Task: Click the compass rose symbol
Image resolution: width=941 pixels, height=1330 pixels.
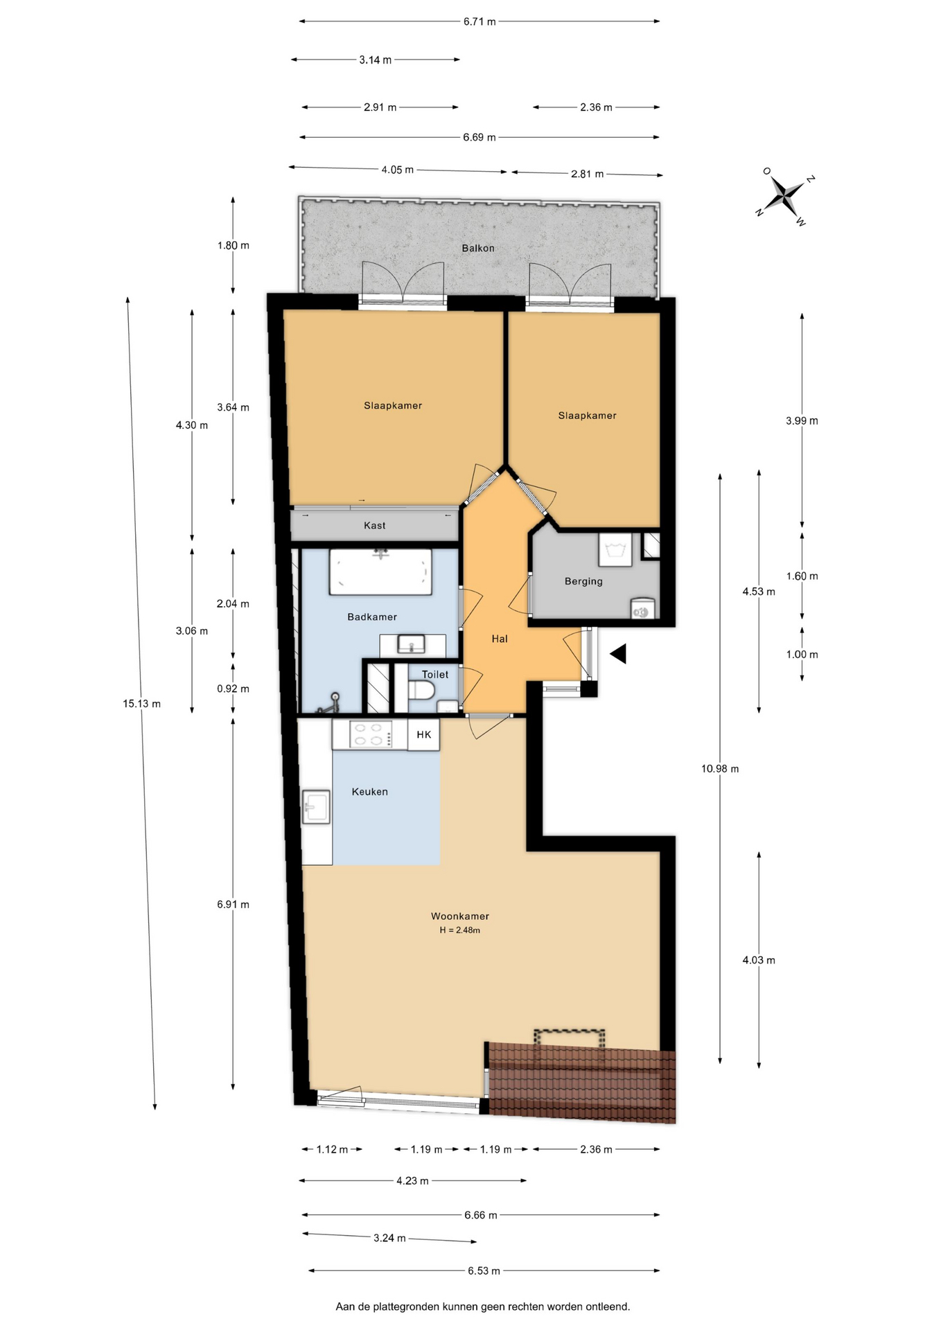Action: pyautogui.click(x=785, y=196)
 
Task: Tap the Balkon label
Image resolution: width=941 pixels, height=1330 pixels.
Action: pyautogui.click(x=478, y=248)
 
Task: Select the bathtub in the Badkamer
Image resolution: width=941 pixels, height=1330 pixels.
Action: pyautogui.click(x=380, y=571)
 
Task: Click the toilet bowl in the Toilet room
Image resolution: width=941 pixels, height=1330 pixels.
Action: pyautogui.click(x=421, y=691)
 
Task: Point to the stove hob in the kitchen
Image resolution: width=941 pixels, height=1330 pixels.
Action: pyautogui.click(x=368, y=734)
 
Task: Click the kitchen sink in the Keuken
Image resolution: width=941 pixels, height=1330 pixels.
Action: pyautogui.click(x=316, y=806)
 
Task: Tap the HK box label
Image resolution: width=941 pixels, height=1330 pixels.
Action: pyautogui.click(x=424, y=734)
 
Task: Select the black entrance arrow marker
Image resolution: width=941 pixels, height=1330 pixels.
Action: pyautogui.click(x=618, y=653)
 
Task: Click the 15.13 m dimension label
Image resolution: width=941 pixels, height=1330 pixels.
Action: pyautogui.click(x=141, y=704)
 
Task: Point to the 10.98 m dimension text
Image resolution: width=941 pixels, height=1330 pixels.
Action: pyautogui.click(x=720, y=768)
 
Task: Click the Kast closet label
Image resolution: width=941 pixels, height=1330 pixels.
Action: pyautogui.click(x=375, y=525)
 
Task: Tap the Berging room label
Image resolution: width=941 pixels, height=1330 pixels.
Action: pyautogui.click(x=583, y=581)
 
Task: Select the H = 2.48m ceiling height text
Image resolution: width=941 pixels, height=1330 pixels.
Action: pyautogui.click(x=459, y=930)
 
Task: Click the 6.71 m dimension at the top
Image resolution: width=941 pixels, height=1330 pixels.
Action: pyautogui.click(x=480, y=21)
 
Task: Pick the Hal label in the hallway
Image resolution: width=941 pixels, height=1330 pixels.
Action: pyautogui.click(x=500, y=639)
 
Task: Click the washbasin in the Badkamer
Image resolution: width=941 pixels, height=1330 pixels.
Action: pyautogui.click(x=412, y=645)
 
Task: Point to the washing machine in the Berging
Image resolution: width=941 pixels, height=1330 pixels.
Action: pyautogui.click(x=642, y=608)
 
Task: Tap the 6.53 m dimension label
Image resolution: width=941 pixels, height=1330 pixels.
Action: pyautogui.click(x=484, y=1270)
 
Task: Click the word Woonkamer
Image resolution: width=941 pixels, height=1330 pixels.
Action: pyautogui.click(x=460, y=916)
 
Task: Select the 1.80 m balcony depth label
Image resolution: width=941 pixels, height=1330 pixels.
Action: pyautogui.click(x=233, y=245)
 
